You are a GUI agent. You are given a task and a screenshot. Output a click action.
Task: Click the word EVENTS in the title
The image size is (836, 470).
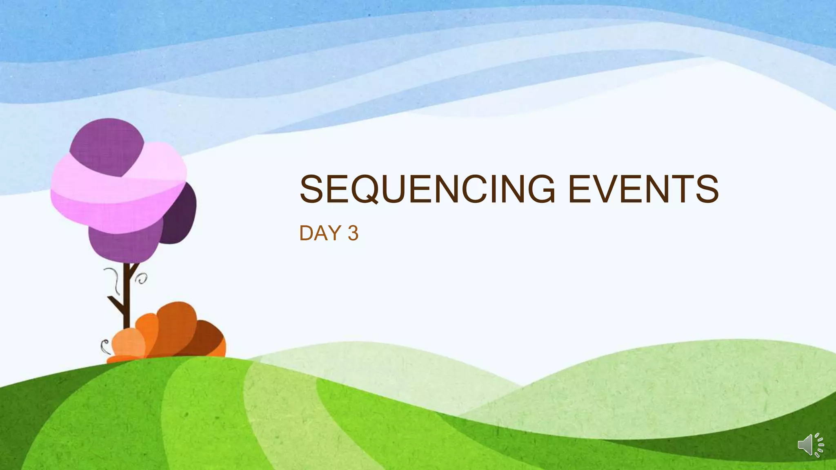tap(643, 188)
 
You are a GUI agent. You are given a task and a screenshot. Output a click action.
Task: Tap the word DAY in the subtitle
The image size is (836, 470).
tap(320, 233)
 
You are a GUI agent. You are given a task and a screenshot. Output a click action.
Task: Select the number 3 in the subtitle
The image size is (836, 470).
tap(353, 233)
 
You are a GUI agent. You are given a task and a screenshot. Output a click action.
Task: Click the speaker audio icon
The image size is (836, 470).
tap(810, 445)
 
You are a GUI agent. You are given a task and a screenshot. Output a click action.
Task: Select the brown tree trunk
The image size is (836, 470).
tap(127, 298)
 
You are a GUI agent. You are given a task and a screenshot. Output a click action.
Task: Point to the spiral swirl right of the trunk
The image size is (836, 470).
tap(142, 279)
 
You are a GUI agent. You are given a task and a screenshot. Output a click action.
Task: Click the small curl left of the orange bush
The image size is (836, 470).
tap(104, 346)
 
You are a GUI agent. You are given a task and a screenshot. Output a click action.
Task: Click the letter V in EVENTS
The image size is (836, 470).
tap(605, 188)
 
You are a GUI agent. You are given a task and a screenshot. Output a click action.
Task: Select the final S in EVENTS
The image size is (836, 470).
tap(706, 188)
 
